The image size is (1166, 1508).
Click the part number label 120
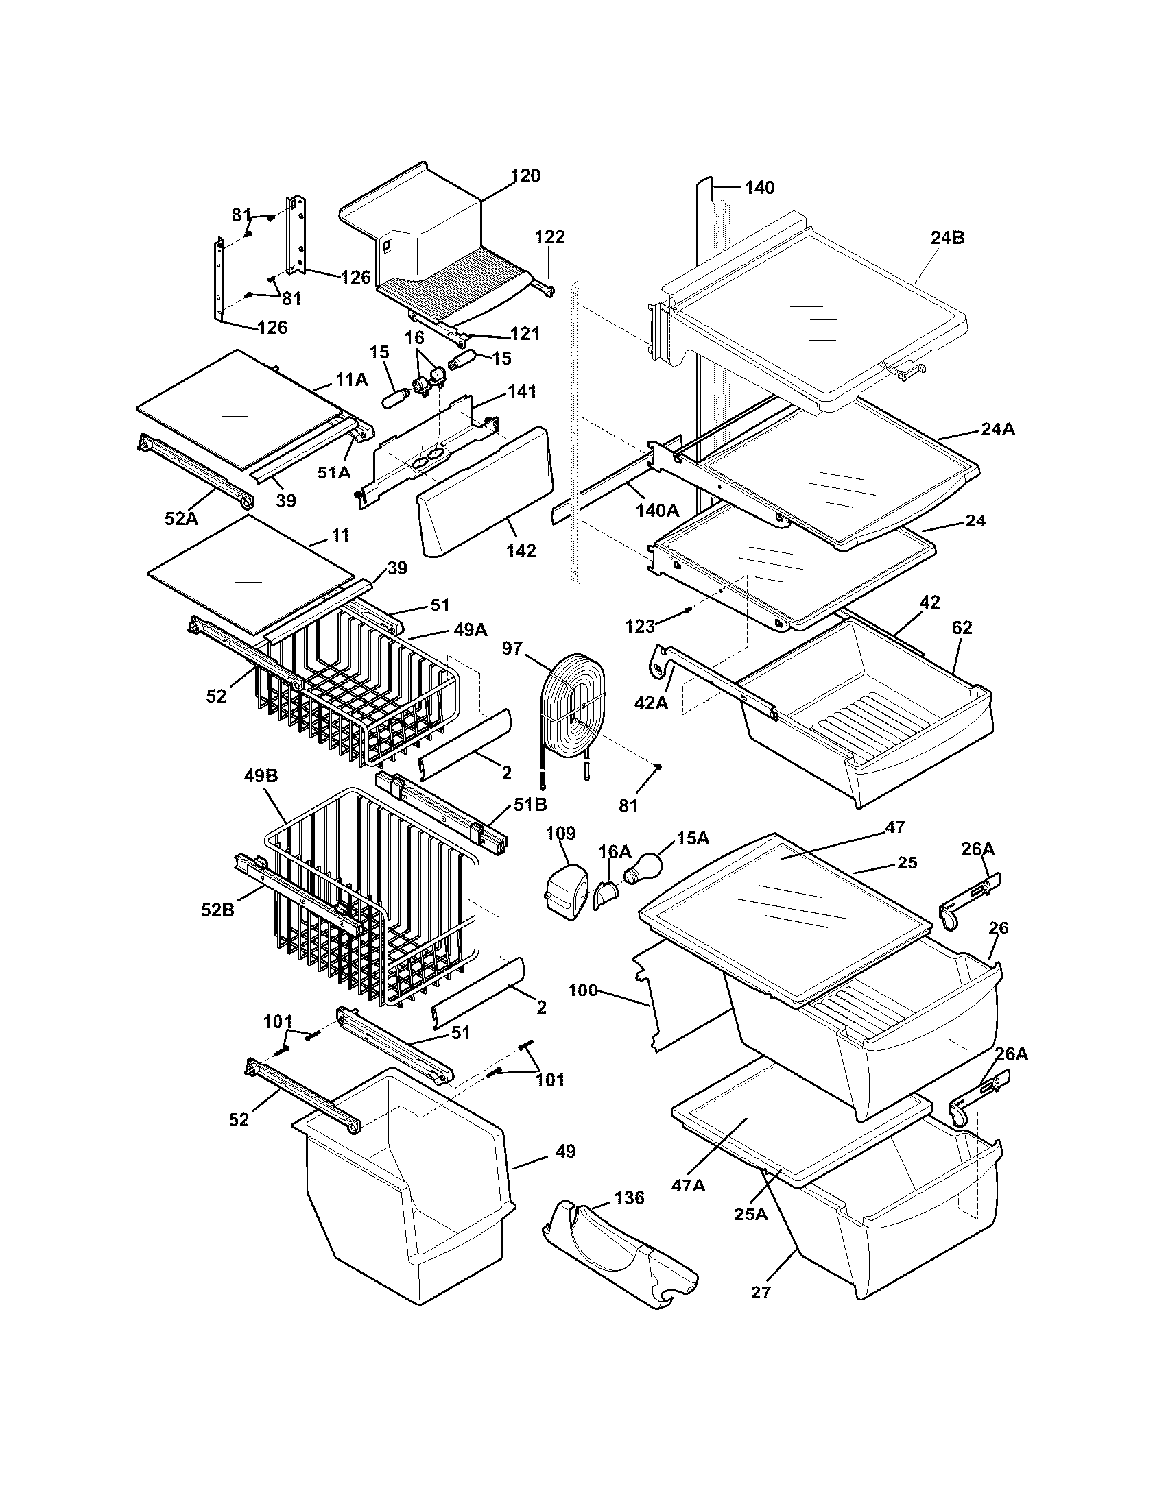525,175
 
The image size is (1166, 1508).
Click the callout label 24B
947,238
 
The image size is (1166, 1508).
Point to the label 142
521,550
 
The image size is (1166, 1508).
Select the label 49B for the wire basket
261,776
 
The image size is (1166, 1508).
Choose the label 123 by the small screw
640,627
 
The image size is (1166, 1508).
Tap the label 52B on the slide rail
217,910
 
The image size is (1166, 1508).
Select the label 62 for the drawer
962,628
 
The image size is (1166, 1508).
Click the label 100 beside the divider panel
582,990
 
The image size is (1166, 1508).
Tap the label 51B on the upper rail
529,805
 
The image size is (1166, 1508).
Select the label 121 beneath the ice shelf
524,334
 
